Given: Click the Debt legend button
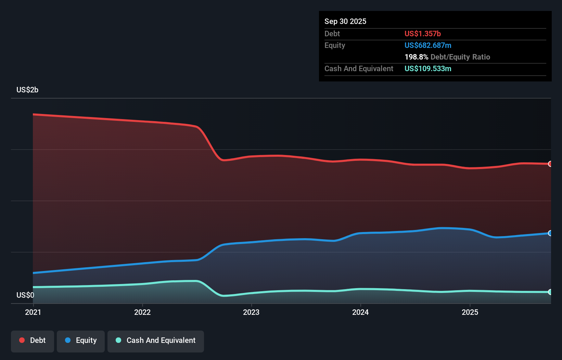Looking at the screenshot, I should click(x=33, y=341).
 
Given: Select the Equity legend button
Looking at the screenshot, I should click(x=81, y=341).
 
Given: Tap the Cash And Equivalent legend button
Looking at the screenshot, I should click(x=156, y=341).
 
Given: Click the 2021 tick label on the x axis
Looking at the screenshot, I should click(x=33, y=312).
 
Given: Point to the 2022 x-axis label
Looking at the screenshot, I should click(x=142, y=312).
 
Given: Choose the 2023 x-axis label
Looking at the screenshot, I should click(x=251, y=312).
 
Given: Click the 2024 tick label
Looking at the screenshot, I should click(x=360, y=312).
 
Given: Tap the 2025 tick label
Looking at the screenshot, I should click(x=470, y=312).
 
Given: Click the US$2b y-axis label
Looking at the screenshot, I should click(x=27, y=90).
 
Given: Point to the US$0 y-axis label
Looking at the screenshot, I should click(x=25, y=295).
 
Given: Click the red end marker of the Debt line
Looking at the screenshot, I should click(x=550, y=164).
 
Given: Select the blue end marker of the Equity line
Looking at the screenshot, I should click(x=550, y=233).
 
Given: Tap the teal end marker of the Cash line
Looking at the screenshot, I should click(x=550, y=292).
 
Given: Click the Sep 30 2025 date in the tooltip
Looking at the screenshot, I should click(x=345, y=21).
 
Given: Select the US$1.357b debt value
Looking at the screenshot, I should click(x=422, y=34).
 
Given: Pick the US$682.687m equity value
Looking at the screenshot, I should click(x=428, y=45).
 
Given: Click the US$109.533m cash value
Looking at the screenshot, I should click(x=428, y=68).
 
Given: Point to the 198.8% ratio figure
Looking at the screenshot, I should click(x=416, y=57).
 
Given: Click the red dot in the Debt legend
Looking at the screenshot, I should click(x=22, y=340).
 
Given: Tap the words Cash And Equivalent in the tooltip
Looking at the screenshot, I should click(x=359, y=68).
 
